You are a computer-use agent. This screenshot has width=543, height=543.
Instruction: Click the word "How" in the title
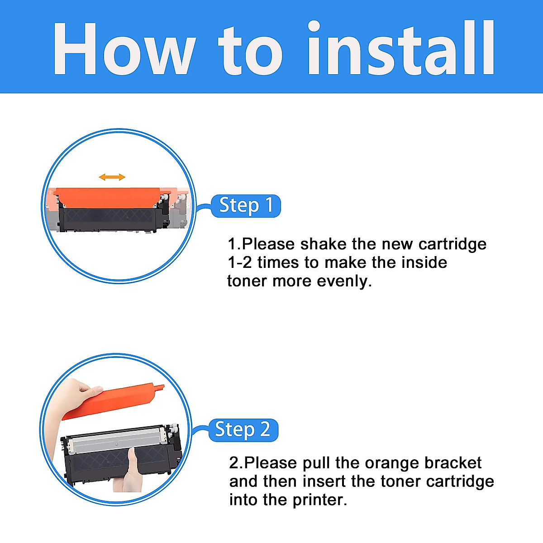coord(123,49)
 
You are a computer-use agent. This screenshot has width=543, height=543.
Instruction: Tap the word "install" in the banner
coord(401,49)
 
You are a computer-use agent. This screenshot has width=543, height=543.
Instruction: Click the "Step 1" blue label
coord(246,206)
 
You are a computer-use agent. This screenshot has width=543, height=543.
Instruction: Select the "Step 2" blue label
coord(243,430)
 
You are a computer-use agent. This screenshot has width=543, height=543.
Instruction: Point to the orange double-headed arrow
coord(112,177)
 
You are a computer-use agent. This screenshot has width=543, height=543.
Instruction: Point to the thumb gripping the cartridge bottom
coord(132,464)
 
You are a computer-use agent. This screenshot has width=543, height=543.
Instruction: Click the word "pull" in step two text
coord(316,463)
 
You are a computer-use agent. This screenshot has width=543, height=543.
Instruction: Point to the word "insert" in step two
coord(324,481)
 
